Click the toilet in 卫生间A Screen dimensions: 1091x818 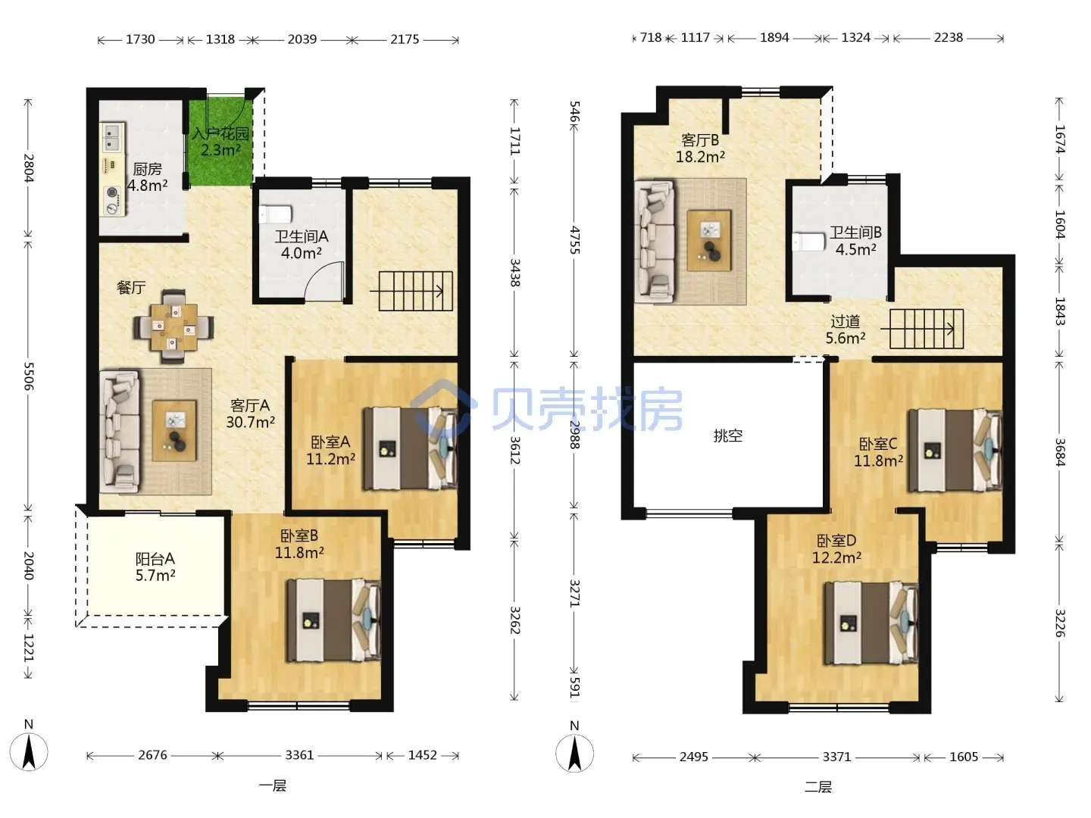coord(275,214)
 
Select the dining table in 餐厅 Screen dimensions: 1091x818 coord(173,326)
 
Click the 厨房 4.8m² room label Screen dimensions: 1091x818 coord(147,177)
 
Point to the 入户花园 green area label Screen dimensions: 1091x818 coord(220,142)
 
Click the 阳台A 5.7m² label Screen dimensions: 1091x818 coord(155,567)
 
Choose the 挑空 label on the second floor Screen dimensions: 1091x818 coord(727,436)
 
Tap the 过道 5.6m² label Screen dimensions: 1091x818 coord(845,329)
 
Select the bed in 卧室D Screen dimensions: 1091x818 coord(871,623)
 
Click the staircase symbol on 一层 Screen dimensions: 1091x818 coord(411,291)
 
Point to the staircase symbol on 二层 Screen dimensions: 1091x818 coord(923,329)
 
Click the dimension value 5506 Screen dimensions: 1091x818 coord(28,376)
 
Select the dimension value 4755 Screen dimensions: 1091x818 coord(574,240)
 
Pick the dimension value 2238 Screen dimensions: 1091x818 coord(948,38)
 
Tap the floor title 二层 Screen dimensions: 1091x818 coord(817,787)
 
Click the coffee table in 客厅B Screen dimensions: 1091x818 coord(709,240)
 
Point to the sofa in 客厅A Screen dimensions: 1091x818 coord(119,431)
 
